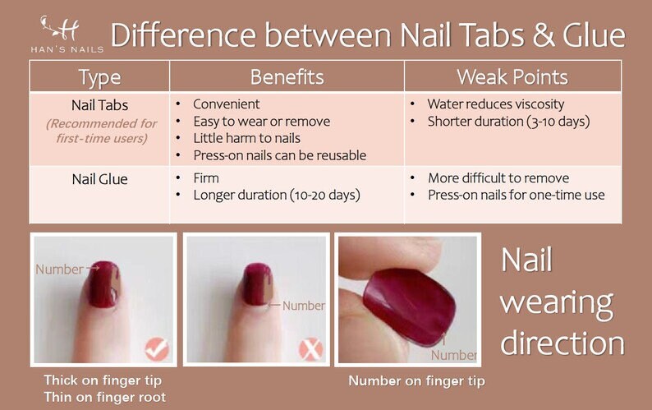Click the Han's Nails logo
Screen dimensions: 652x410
click(x=67, y=35)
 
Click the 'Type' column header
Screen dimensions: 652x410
click(x=100, y=77)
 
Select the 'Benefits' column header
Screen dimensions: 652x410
click(x=287, y=77)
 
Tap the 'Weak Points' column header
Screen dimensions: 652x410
click(x=512, y=77)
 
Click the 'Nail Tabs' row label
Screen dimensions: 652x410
click(x=100, y=105)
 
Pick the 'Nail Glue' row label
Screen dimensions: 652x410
click(x=100, y=179)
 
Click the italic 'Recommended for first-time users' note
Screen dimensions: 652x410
click(x=102, y=131)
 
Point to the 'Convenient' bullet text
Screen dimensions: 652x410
click(x=226, y=104)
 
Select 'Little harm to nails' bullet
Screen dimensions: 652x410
click(x=246, y=138)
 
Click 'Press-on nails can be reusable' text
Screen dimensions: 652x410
click(x=280, y=155)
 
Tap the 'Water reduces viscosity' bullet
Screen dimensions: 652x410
click(x=496, y=104)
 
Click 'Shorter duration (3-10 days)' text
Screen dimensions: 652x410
click(x=508, y=122)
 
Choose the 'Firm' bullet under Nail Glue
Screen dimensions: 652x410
click(x=206, y=178)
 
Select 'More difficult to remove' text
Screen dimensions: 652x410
click(x=498, y=178)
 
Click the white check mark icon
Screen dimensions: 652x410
click(x=157, y=349)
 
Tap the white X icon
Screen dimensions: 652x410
click(x=311, y=349)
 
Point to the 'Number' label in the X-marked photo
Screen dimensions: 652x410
click(x=304, y=306)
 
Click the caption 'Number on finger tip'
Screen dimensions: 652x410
click(x=416, y=381)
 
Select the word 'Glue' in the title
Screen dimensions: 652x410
click(x=595, y=35)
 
